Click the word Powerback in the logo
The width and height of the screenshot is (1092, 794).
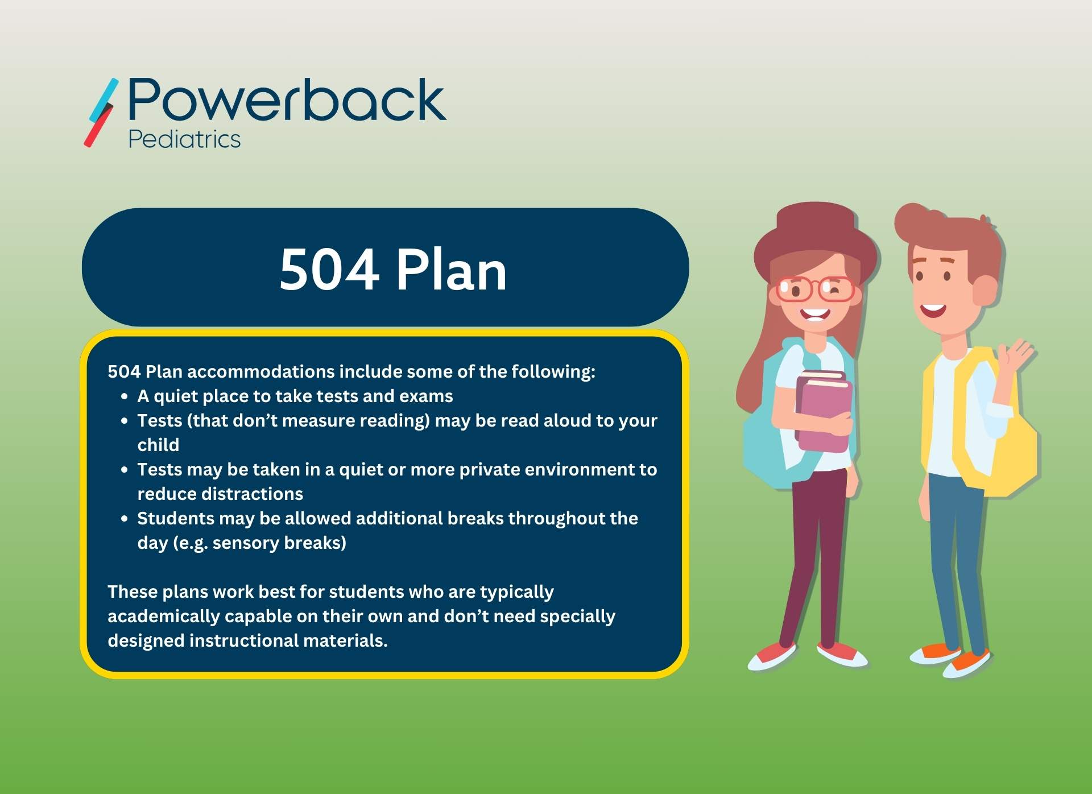point(287,101)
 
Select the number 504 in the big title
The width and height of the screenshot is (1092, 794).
point(329,270)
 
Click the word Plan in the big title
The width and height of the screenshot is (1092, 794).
point(450,270)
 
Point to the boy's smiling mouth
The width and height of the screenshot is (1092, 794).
point(933,311)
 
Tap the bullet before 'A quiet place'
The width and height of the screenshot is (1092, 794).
point(125,397)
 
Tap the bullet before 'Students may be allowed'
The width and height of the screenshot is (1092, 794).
point(125,519)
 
